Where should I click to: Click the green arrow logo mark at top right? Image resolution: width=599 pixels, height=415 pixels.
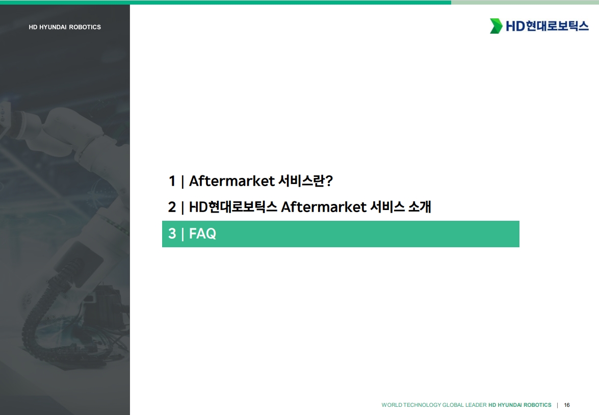(496, 26)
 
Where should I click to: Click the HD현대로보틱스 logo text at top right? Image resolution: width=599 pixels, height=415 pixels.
(547, 26)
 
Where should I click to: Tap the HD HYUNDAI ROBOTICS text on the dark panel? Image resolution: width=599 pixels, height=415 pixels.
(65, 27)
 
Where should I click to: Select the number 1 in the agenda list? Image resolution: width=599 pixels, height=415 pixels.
(172, 181)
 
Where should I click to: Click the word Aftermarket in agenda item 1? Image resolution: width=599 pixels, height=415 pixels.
(232, 181)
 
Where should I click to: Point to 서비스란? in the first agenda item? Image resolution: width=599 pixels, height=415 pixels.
(305, 181)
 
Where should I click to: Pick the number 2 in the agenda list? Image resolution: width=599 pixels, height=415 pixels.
(172, 207)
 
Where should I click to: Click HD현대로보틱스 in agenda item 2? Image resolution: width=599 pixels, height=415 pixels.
(233, 207)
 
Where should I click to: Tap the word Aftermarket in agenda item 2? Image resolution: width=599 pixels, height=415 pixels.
(324, 207)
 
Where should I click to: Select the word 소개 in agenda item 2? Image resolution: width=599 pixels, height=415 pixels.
(420, 207)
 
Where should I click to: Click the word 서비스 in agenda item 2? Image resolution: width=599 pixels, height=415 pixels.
(388, 207)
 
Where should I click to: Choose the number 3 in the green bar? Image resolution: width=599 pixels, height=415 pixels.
(172, 234)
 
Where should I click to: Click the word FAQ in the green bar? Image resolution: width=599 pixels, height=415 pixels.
(202, 234)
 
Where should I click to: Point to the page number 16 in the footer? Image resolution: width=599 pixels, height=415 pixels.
(567, 405)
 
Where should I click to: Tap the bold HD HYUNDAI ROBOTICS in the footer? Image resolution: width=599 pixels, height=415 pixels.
(520, 405)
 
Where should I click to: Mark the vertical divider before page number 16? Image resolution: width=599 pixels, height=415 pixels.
(557, 405)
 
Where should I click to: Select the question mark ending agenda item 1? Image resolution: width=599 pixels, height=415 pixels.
(329, 181)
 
